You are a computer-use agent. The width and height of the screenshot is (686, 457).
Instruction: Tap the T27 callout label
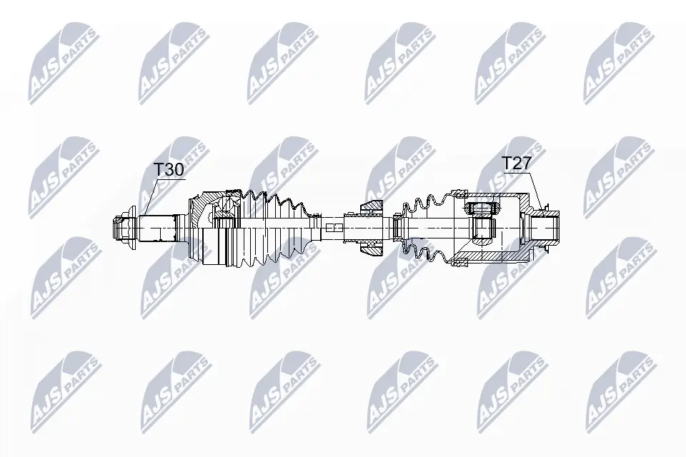tap(516, 164)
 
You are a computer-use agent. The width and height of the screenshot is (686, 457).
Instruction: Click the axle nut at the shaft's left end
tap(124, 229)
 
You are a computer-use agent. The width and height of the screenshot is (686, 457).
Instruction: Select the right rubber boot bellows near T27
tap(427, 228)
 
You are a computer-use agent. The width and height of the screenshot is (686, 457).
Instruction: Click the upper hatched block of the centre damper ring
tap(371, 207)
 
